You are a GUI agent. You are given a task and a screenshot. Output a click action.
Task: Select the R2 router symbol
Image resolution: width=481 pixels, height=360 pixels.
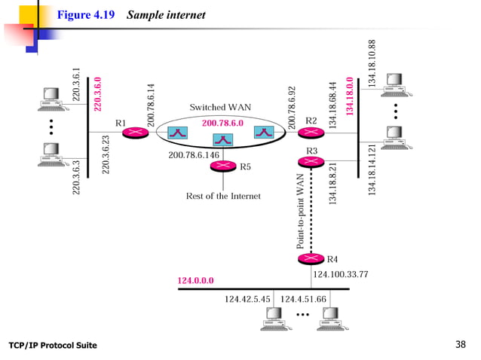308,133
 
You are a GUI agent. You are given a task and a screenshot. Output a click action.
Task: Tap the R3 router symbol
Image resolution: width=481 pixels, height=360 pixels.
308,160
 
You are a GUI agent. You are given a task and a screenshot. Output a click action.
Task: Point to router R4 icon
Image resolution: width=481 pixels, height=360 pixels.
308,259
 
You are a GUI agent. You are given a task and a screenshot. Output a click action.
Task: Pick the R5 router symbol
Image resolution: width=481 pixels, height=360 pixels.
225,166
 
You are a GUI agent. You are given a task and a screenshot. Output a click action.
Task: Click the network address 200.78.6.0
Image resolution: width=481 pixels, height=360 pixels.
222,123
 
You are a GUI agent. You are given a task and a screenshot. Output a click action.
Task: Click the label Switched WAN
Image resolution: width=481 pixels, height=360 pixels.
215,107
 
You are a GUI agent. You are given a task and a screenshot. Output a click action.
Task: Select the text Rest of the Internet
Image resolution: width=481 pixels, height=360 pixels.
223,196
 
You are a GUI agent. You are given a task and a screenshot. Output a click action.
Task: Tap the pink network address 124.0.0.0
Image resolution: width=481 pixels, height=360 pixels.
195,280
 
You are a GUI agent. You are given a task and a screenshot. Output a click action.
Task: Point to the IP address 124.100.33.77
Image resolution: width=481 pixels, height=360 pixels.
340,275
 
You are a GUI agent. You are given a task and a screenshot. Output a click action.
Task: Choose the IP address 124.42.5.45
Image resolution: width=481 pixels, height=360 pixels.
247,299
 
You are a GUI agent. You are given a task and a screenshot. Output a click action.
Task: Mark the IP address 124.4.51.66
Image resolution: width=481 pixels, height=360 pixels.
303,299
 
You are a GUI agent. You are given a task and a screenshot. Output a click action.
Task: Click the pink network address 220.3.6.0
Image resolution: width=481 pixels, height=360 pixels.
97,94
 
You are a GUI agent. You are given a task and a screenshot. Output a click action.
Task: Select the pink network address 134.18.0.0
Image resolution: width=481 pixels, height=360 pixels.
349,96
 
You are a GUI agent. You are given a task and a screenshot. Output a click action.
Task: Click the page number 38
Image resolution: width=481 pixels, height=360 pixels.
461,345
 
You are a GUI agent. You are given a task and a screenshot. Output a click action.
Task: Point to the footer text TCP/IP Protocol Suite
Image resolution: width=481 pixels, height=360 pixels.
52,346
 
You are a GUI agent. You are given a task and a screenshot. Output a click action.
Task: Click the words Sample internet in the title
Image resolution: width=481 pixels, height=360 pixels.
166,15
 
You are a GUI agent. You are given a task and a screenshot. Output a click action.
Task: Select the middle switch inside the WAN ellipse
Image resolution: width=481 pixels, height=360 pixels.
222,139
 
